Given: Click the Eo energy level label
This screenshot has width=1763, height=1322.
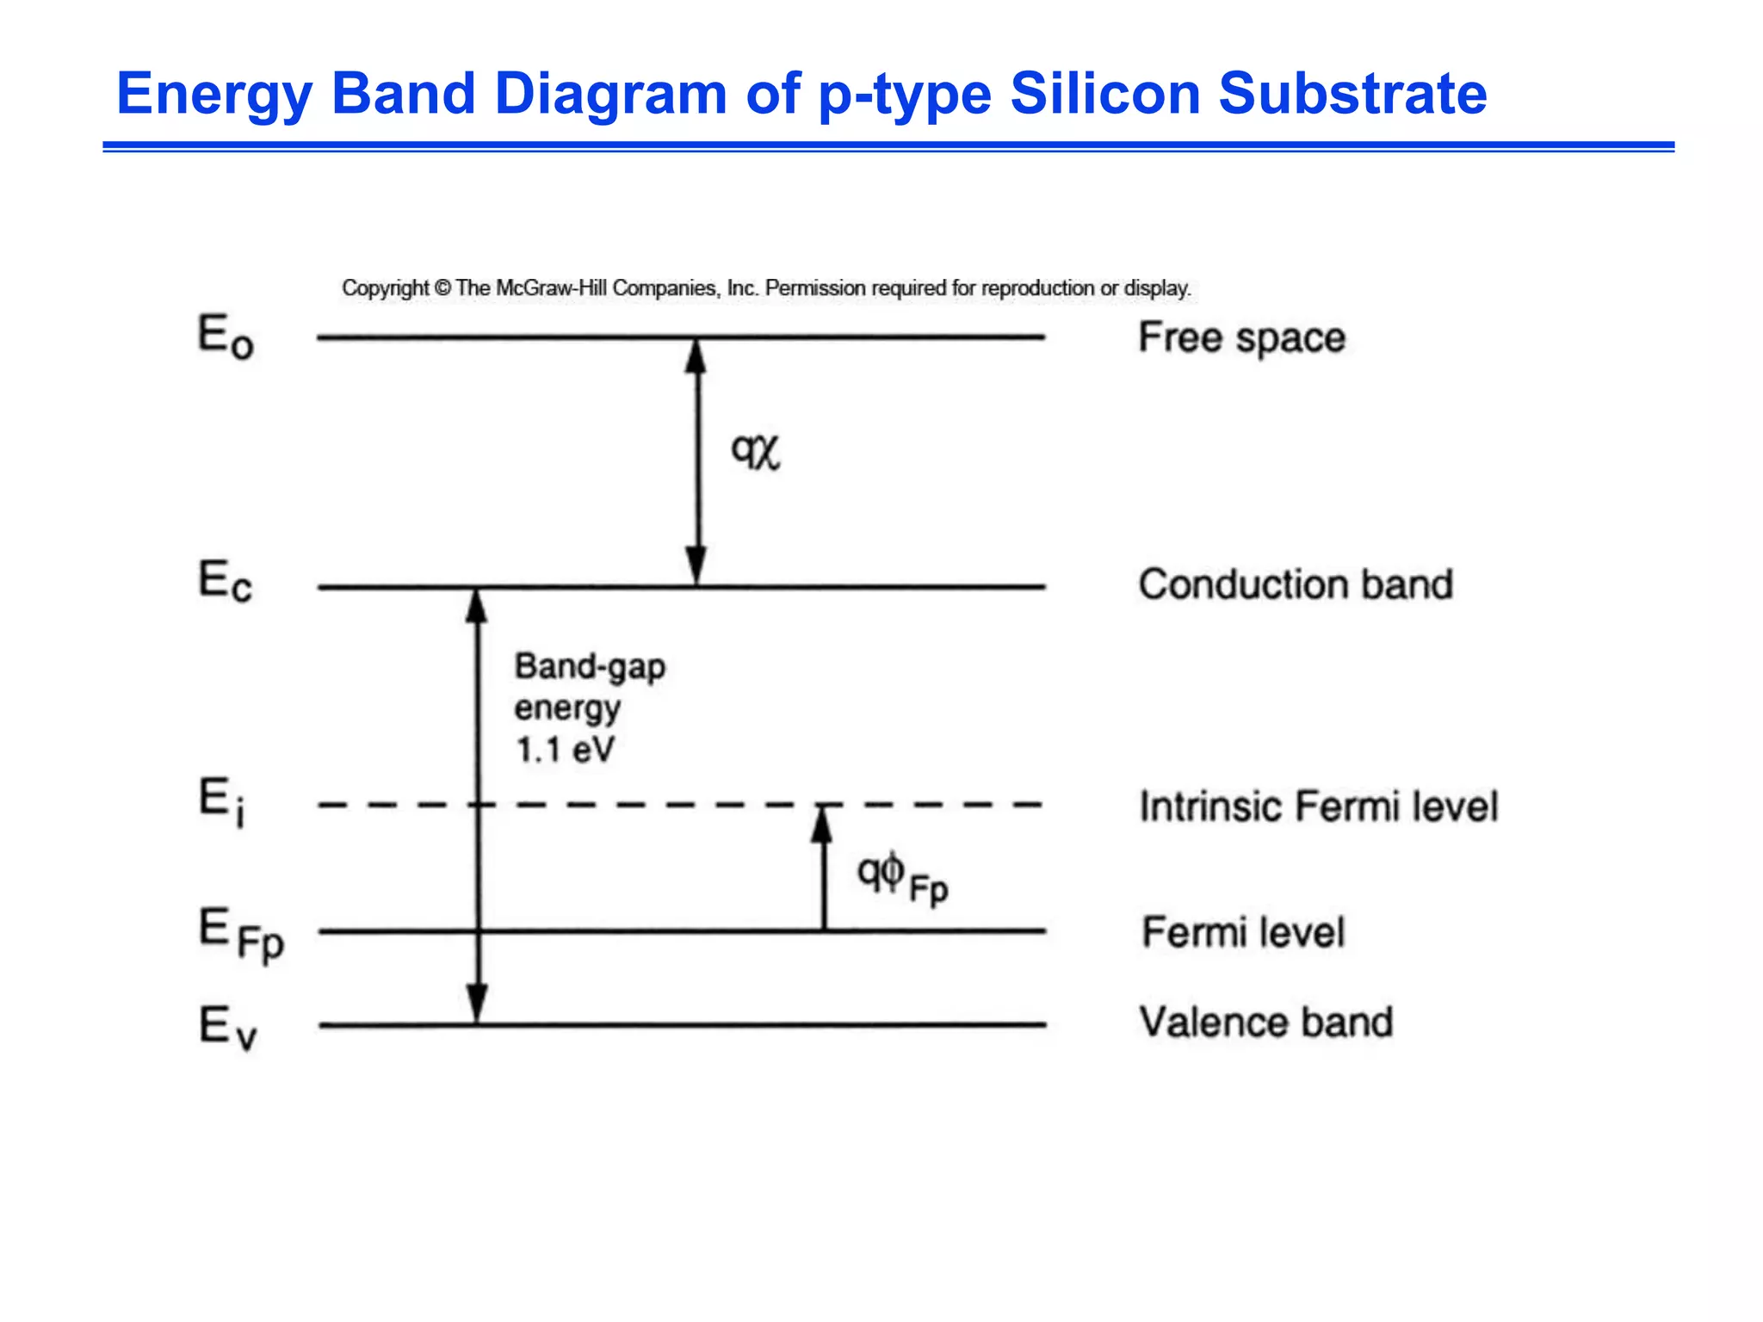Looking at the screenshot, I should pos(226,337).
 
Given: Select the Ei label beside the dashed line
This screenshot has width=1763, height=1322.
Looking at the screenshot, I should pos(222,801).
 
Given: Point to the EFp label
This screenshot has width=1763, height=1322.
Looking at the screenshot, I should pos(241,935).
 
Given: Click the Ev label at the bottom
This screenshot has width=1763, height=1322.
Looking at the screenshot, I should pos(227,1027).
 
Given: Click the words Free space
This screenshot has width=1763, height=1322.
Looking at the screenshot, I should pos(1241,337).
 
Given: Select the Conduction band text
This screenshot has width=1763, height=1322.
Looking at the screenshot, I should pos(1296,584).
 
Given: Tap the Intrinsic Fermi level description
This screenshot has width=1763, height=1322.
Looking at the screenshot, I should pos(1319,806).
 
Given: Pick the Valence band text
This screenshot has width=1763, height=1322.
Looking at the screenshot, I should pos(1265,1022).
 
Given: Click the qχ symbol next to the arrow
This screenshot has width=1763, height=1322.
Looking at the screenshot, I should pos(755,450).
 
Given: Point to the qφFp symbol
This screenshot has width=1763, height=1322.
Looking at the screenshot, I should pos(901,877).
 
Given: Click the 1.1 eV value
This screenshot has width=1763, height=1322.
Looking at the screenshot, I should pos(565,750).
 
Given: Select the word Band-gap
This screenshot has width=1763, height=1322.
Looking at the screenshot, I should pos(590,667).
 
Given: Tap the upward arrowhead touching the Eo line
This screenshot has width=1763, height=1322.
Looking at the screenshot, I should pos(696,355).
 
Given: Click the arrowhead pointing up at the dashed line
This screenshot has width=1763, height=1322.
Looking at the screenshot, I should pos(823,823).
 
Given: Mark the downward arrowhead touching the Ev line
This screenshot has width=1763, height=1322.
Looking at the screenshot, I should pos(477,1004).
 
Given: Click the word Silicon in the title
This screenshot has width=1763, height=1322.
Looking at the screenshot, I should pos(1105,93).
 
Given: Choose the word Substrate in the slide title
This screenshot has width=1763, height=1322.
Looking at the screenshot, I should pos(1352,93).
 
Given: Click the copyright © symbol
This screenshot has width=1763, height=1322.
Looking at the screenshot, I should pos(442,288).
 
